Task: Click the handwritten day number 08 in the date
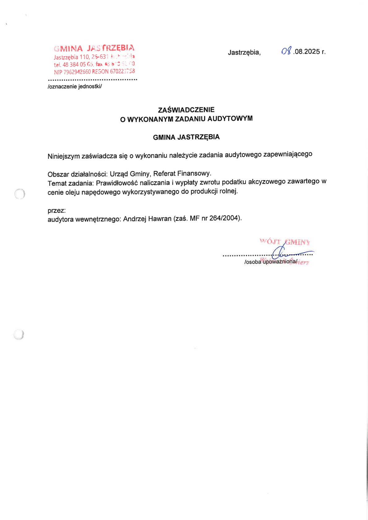click(286, 51)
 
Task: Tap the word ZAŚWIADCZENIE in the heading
click(186, 110)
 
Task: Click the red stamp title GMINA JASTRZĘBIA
click(94, 48)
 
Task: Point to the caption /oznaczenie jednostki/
click(75, 87)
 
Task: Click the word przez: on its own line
click(57, 211)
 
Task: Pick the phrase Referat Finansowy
click(182, 173)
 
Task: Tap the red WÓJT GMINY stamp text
click(285, 241)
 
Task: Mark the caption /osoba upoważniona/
click(271, 262)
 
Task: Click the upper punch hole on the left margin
click(20, 194)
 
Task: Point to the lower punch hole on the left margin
click(19, 335)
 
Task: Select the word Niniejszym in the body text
click(63, 156)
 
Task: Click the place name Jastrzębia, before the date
click(244, 53)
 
